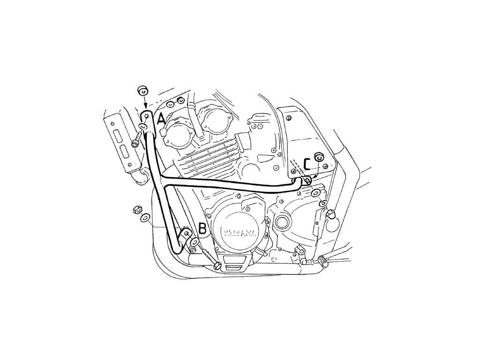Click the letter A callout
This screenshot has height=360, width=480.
click(161, 119)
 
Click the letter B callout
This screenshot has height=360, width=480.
click(202, 228)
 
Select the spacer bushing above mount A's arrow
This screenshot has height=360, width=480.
click(142, 90)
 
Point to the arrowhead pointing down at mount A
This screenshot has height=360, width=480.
click(146, 105)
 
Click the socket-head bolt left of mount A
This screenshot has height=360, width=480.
click(136, 139)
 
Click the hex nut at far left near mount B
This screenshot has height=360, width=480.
click(138, 209)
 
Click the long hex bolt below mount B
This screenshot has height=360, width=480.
click(211, 261)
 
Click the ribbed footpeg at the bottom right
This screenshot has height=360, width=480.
click(324, 260)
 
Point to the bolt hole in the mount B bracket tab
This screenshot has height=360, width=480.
click(187, 233)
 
